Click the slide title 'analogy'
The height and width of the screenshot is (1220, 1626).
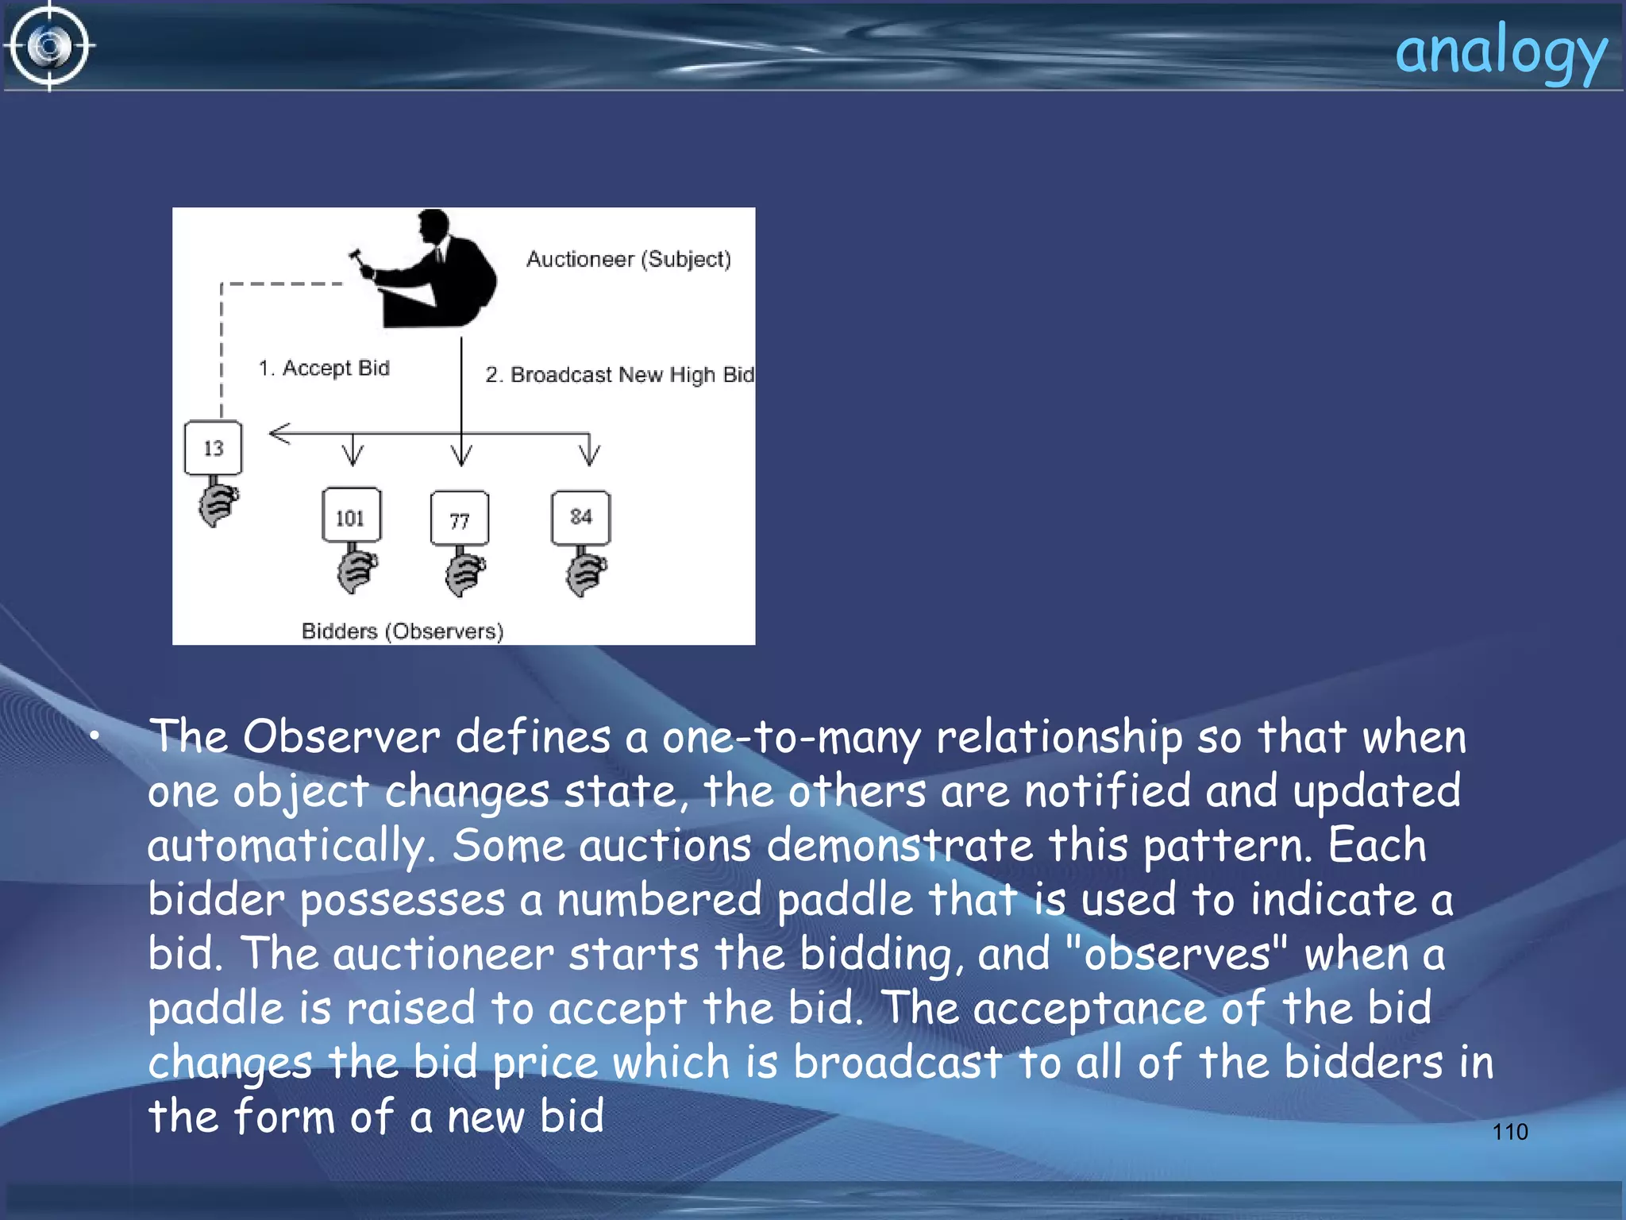(1501, 52)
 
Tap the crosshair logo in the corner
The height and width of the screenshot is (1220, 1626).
(49, 46)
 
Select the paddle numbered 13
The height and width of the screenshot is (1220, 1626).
(213, 448)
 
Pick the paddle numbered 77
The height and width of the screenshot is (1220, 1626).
(459, 519)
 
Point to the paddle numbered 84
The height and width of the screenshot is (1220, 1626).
(580, 517)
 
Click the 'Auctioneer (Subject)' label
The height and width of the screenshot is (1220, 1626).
(628, 259)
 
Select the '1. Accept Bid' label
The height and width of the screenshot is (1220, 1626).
(324, 368)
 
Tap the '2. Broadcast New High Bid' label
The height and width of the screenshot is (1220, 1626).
(619, 374)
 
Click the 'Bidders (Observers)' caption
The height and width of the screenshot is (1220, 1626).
(403, 631)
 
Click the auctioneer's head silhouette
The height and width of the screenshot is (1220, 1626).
(433, 226)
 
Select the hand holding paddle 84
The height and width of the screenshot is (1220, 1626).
(586, 573)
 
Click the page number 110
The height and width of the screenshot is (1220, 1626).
(1509, 1131)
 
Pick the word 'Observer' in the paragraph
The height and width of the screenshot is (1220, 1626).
(341, 736)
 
